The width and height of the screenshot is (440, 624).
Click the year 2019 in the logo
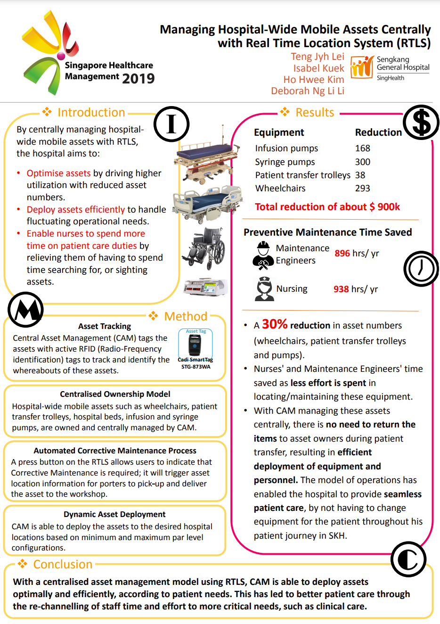(138, 78)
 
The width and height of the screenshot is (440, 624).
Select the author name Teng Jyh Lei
(318, 57)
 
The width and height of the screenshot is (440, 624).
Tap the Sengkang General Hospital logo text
(402, 64)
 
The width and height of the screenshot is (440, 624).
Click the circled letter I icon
(171, 124)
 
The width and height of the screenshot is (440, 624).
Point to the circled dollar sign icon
(421, 122)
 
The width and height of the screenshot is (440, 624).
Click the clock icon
(421, 269)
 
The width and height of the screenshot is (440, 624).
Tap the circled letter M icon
(26, 310)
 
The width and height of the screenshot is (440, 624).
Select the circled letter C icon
(408, 559)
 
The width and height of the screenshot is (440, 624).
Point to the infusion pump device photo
(206, 287)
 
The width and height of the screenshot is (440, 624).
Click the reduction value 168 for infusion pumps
(363, 148)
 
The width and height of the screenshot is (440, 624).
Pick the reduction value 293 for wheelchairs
(363, 188)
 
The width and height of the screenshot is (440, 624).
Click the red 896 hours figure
(342, 254)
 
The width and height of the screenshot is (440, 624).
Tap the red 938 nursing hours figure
(341, 289)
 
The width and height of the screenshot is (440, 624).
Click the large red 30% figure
(275, 324)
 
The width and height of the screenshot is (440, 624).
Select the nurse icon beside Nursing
(264, 288)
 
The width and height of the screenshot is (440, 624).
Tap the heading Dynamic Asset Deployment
(114, 514)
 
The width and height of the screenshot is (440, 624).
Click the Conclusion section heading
(63, 564)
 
